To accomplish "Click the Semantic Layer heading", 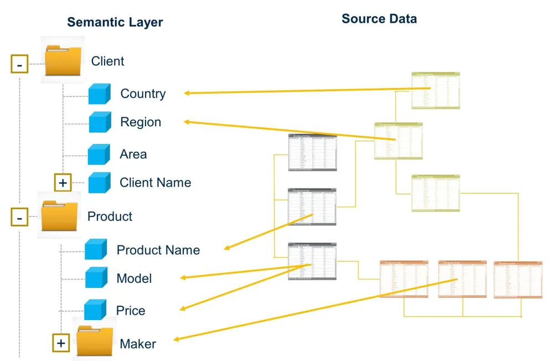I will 115,23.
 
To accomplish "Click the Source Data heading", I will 379,19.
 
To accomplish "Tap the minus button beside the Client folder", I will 19,65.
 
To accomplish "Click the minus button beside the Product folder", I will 19,218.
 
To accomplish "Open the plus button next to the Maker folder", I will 61,343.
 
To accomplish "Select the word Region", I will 141,122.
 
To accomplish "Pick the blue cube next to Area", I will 99,154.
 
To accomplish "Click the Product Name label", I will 158,250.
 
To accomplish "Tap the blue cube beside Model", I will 96,277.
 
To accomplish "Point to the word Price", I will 131,311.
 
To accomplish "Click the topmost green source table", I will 436,91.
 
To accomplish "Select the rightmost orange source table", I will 518,280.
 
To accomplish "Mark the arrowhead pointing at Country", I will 187,93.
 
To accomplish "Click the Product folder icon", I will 60,216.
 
